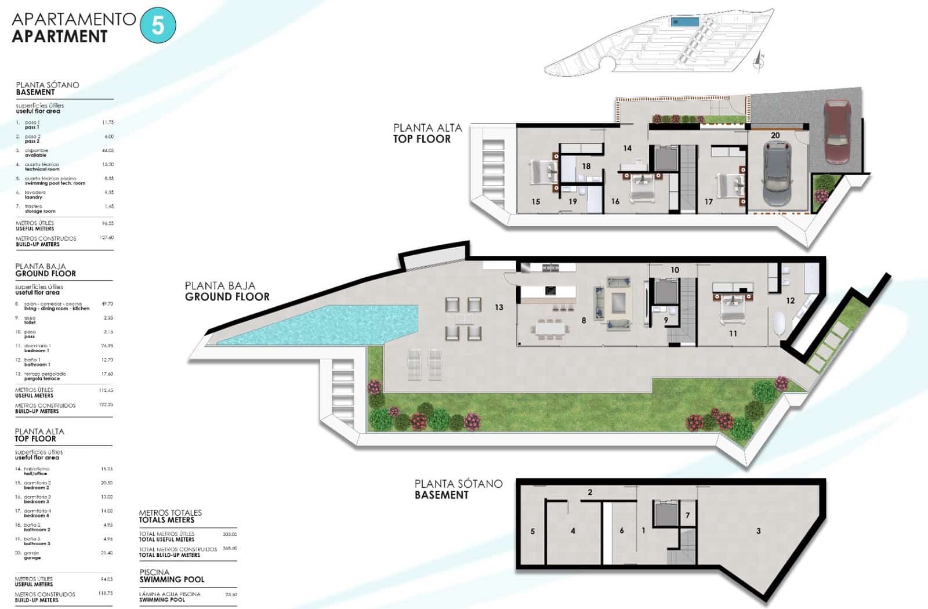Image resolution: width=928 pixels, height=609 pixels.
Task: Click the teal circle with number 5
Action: pos(158,26)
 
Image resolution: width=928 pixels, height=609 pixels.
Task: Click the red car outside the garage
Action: pos(836,132)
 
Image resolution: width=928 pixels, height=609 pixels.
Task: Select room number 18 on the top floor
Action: pos(586,166)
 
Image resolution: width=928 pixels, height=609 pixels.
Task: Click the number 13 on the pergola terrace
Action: pos(499,307)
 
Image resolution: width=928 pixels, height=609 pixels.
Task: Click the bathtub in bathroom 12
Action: pos(779,324)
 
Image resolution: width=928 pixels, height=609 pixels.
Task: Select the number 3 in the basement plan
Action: pos(758,531)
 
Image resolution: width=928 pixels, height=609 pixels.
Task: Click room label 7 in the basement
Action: pos(688,515)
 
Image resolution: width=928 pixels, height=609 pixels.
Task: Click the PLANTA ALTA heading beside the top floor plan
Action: pos(427,128)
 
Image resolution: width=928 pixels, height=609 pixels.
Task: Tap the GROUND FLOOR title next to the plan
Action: pos(227,297)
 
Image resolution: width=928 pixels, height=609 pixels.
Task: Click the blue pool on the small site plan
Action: pos(684,22)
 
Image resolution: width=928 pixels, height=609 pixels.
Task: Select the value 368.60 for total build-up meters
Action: pos(230,548)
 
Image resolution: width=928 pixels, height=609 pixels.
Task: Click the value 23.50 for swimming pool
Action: pos(231,594)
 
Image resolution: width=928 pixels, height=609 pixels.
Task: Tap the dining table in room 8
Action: pos(550,329)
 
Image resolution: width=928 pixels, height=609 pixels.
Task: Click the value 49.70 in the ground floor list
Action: pos(107,304)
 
